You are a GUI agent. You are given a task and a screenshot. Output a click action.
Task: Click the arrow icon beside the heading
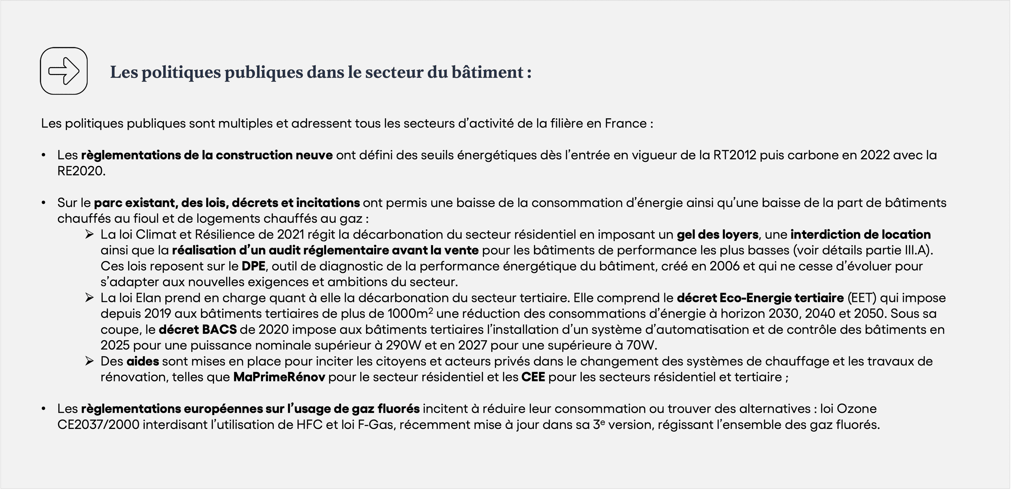[x=63, y=71]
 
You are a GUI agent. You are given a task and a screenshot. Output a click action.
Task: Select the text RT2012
[x=734, y=155]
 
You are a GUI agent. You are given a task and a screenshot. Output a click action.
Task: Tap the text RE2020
[x=81, y=171]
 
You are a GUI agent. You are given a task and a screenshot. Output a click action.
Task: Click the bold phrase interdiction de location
[x=860, y=234]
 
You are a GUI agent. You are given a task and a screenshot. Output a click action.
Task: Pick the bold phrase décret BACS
[x=197, y=329]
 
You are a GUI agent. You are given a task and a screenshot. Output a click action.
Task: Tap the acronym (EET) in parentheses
[x=862, y=298]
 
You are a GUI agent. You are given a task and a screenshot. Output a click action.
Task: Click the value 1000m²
[x=410, y=314]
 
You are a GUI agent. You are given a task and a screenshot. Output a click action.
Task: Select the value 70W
[x=641, y=345]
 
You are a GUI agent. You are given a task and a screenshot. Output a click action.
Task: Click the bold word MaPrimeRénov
[x=279, y=377]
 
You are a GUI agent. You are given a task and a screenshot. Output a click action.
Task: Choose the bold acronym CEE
[x=533, y=377]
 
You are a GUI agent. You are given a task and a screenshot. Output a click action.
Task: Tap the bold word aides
[x=142, y=361]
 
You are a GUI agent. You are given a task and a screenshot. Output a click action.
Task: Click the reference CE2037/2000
[x=98, y=425]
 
